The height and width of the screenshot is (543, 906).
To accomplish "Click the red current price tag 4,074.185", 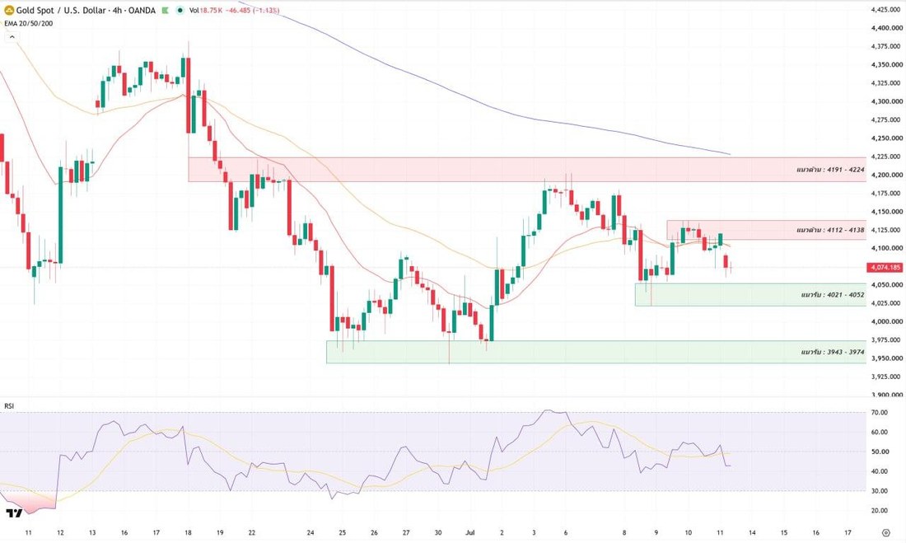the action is click(x=885, y=267).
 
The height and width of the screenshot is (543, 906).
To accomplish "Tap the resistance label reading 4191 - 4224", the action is click(x=830, y=170).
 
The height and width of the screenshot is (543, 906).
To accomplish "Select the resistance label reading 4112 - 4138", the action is click(x=830, y=230).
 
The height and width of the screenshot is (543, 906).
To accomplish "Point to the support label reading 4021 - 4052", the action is click(x=833, y=295).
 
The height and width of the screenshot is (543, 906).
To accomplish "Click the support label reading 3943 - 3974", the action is click(x=833, y=352).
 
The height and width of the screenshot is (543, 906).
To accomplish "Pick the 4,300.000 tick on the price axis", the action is click(x=885, y=101).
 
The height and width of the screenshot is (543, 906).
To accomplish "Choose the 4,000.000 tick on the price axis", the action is click(x=885, y=321).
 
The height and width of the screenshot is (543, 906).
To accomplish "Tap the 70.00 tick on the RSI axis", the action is click(x=880, y=412).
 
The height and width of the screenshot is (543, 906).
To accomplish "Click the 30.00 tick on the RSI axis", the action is click(x=880, y=491).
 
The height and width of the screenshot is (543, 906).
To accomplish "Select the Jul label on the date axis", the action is click(x=469, y=532).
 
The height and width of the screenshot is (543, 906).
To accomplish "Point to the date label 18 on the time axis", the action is click(x=188, y=532).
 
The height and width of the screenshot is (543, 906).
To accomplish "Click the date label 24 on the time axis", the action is click(x=311, y=532).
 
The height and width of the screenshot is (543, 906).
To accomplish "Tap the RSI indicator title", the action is click(x=9, y=406).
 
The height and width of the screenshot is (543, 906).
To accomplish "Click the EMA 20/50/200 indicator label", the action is click(x=28, y=23).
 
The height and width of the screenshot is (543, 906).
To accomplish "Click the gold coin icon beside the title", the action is click(x=9, y=10).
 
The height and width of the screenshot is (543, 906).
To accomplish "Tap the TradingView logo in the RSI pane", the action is click(x=14, y=513).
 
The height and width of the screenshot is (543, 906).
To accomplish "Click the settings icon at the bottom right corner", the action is click(x=885, y=532).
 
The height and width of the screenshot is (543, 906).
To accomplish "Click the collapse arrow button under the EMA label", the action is click(x=12, y=37).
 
